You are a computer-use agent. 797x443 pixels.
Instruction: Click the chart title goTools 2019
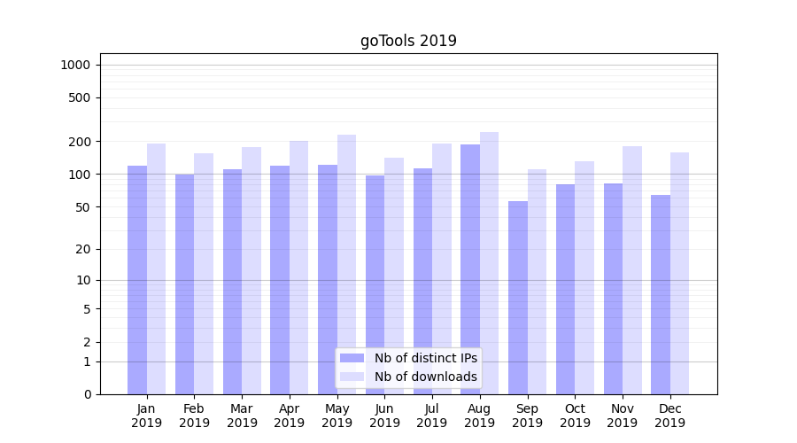coord(408,41)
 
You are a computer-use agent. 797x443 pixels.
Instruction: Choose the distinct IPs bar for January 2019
coord(137,280)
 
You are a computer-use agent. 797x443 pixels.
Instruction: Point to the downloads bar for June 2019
coord(394,276)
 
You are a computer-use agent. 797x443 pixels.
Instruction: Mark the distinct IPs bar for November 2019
coord(613,289)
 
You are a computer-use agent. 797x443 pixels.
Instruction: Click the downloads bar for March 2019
coord(251,270)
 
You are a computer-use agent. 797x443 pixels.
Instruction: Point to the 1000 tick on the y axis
coord(76,65)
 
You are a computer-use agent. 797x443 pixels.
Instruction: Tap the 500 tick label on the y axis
coord(80,97)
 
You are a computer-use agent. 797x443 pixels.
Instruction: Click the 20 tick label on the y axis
coord(83,249)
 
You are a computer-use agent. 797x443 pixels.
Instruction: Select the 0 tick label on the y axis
coord(87,394)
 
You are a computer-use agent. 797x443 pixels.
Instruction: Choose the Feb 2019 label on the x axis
coord(194,416)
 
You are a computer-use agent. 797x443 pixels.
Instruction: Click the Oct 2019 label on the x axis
coord(575,416)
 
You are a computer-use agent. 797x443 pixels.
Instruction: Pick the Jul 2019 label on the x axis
coord(432,416)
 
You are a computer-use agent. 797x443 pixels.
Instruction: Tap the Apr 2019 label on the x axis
coord(290,416)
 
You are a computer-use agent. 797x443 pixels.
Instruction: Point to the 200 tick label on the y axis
coord(80,142)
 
